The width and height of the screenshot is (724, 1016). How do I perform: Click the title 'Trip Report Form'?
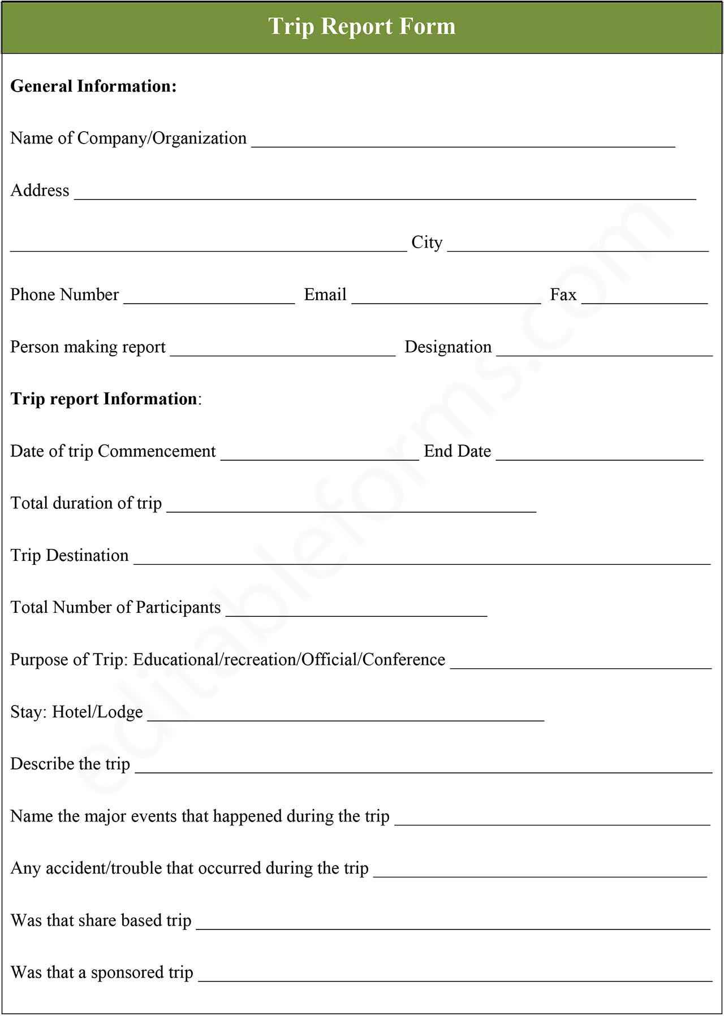tap(361, 27)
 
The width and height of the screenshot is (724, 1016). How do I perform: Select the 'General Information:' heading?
tap(93, 86)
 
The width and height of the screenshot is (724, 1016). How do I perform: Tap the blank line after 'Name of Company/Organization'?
tap(463, 144)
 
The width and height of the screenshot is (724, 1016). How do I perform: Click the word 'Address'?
tap(40, 191)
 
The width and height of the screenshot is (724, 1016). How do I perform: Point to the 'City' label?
tap(426, 243)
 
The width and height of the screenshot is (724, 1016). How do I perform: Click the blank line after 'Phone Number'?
tap(209, 300)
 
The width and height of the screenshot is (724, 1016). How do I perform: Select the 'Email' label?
tap(325, 295)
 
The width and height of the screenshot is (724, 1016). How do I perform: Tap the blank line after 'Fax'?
tap(644, 300)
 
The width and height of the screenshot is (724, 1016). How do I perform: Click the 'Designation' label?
tap(448, 347)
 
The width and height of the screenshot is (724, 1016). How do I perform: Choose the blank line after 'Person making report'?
tap(282, 352)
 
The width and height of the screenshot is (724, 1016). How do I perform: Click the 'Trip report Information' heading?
tap(104, 399)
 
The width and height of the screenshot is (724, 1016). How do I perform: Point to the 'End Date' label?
tap(457, 451)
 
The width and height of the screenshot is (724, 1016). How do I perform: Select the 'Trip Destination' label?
tap(70, 555)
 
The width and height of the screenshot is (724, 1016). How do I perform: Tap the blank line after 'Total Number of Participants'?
tap(356, 613)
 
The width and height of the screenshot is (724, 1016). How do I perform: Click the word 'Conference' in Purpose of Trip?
tap(404, 660)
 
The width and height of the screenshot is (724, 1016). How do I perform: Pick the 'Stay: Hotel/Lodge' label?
tap(76, 712)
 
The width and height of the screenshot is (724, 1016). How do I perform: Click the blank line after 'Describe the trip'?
tap(423, 769)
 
